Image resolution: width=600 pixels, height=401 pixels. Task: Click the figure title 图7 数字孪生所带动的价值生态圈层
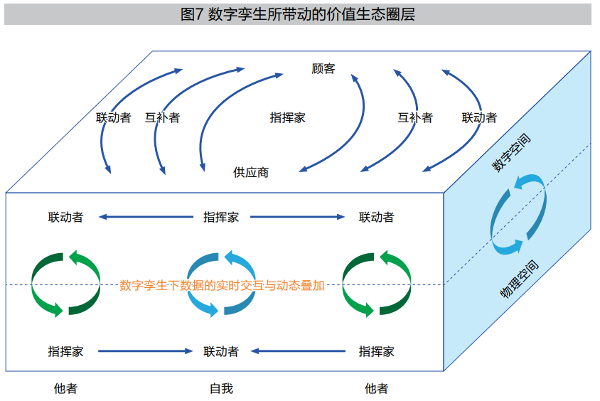click(x=298, y=14)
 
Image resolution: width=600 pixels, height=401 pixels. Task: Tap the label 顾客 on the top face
click(x=323, y=69)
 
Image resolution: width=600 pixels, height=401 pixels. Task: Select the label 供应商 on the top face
click(x=251, y=173)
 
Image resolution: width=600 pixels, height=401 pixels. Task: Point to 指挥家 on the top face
click(x=288, y=117)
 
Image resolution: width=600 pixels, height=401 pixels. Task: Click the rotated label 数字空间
click(x=511, y=153)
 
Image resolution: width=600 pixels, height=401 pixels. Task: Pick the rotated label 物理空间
click(x=519, y=279)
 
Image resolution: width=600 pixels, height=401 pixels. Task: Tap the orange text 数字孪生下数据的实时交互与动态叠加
click(x=222, y=285)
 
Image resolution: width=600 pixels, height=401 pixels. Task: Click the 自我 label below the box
click(x=222, y=389)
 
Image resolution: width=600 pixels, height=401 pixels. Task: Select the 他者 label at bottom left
click(x=66, y=389)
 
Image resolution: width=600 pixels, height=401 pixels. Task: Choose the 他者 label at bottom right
click(x=377, y=389)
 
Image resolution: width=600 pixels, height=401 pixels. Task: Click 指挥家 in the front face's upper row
click(x=221, y=218)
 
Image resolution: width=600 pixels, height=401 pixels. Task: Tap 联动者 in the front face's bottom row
click(x=221, y=351)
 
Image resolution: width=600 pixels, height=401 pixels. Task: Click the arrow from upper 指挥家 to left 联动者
click(x=146, y=217)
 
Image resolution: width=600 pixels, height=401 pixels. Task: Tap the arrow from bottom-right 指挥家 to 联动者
click(x=298, y=351)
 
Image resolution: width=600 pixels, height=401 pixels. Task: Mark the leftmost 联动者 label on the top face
click(x=114, y=117)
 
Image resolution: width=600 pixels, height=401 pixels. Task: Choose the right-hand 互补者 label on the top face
click(x=415, y=117)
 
